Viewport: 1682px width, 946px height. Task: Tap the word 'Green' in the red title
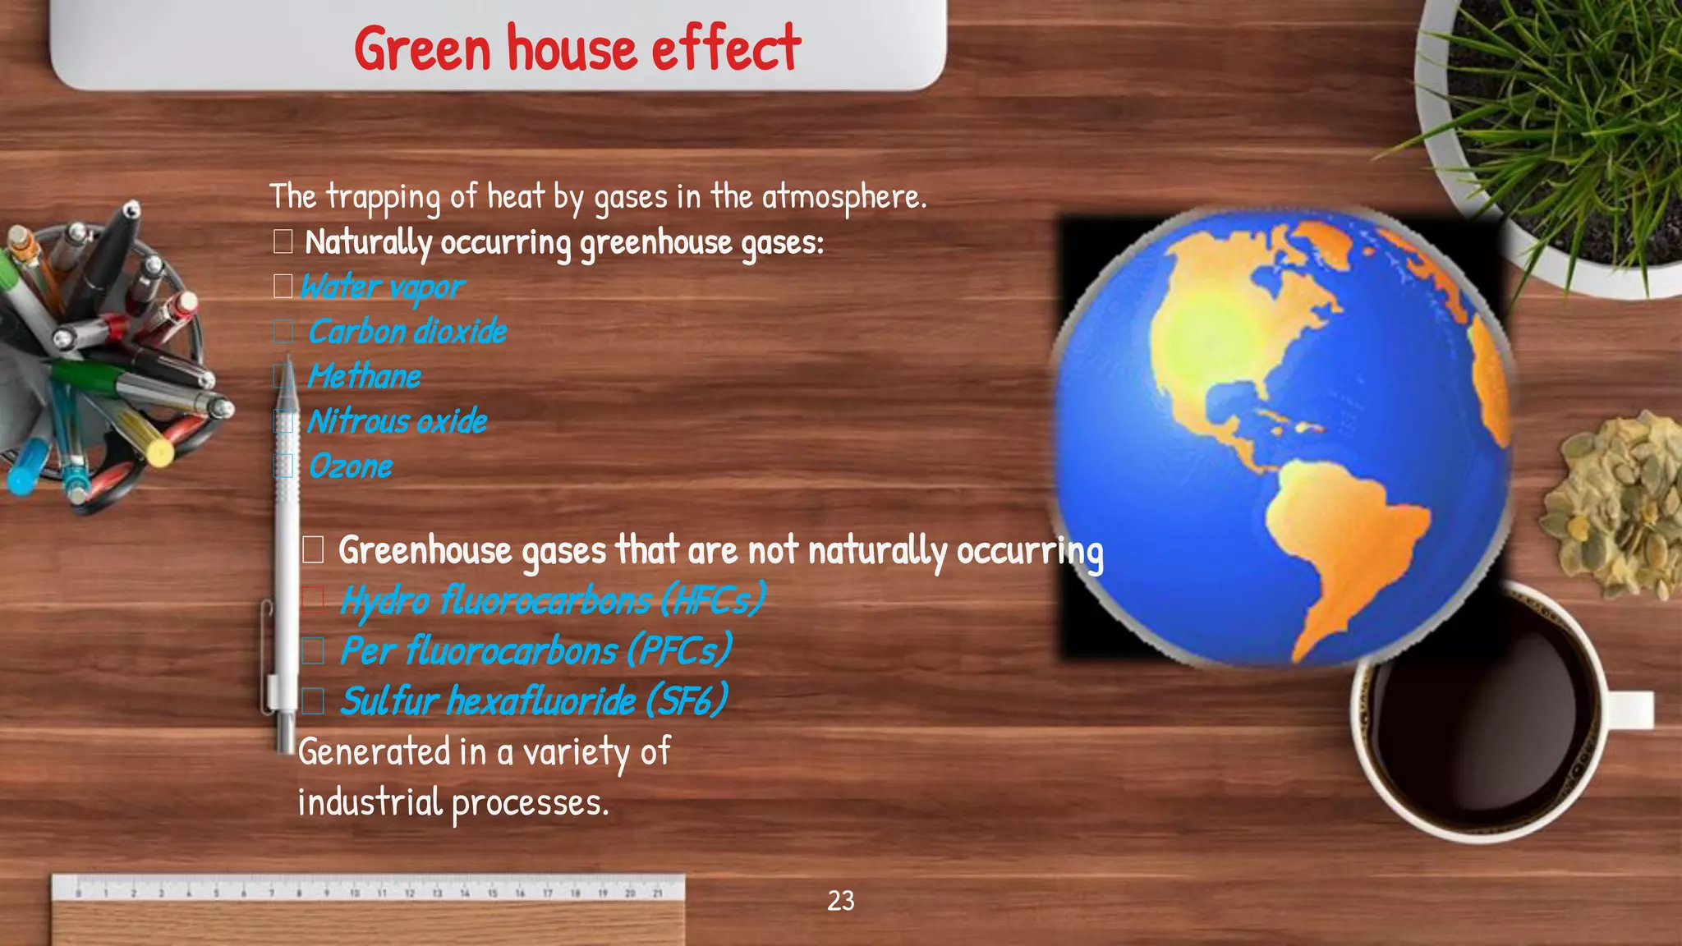click(x=423, y=48)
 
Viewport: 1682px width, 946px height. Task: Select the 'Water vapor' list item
click(x=382, y=287)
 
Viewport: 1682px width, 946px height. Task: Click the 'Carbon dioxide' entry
click(x=407, y=332)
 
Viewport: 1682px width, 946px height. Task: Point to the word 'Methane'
click(x=364, y=377)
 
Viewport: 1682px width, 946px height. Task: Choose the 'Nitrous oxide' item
click(x=397, y=422)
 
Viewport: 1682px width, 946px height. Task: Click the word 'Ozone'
click(x=351, y=466)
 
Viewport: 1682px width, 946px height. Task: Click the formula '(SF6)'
click(x=687, y=701)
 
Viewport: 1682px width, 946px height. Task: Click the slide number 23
click(x=840, y=901)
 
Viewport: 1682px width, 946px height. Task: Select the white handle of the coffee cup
click(x=1630, y=709)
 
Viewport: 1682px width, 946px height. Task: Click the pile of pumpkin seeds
click(x=1614, y=505)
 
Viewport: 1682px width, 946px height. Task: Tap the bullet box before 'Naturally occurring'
click(x=283, y=242)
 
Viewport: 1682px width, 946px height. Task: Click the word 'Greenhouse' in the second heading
click(x=425, y=550)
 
